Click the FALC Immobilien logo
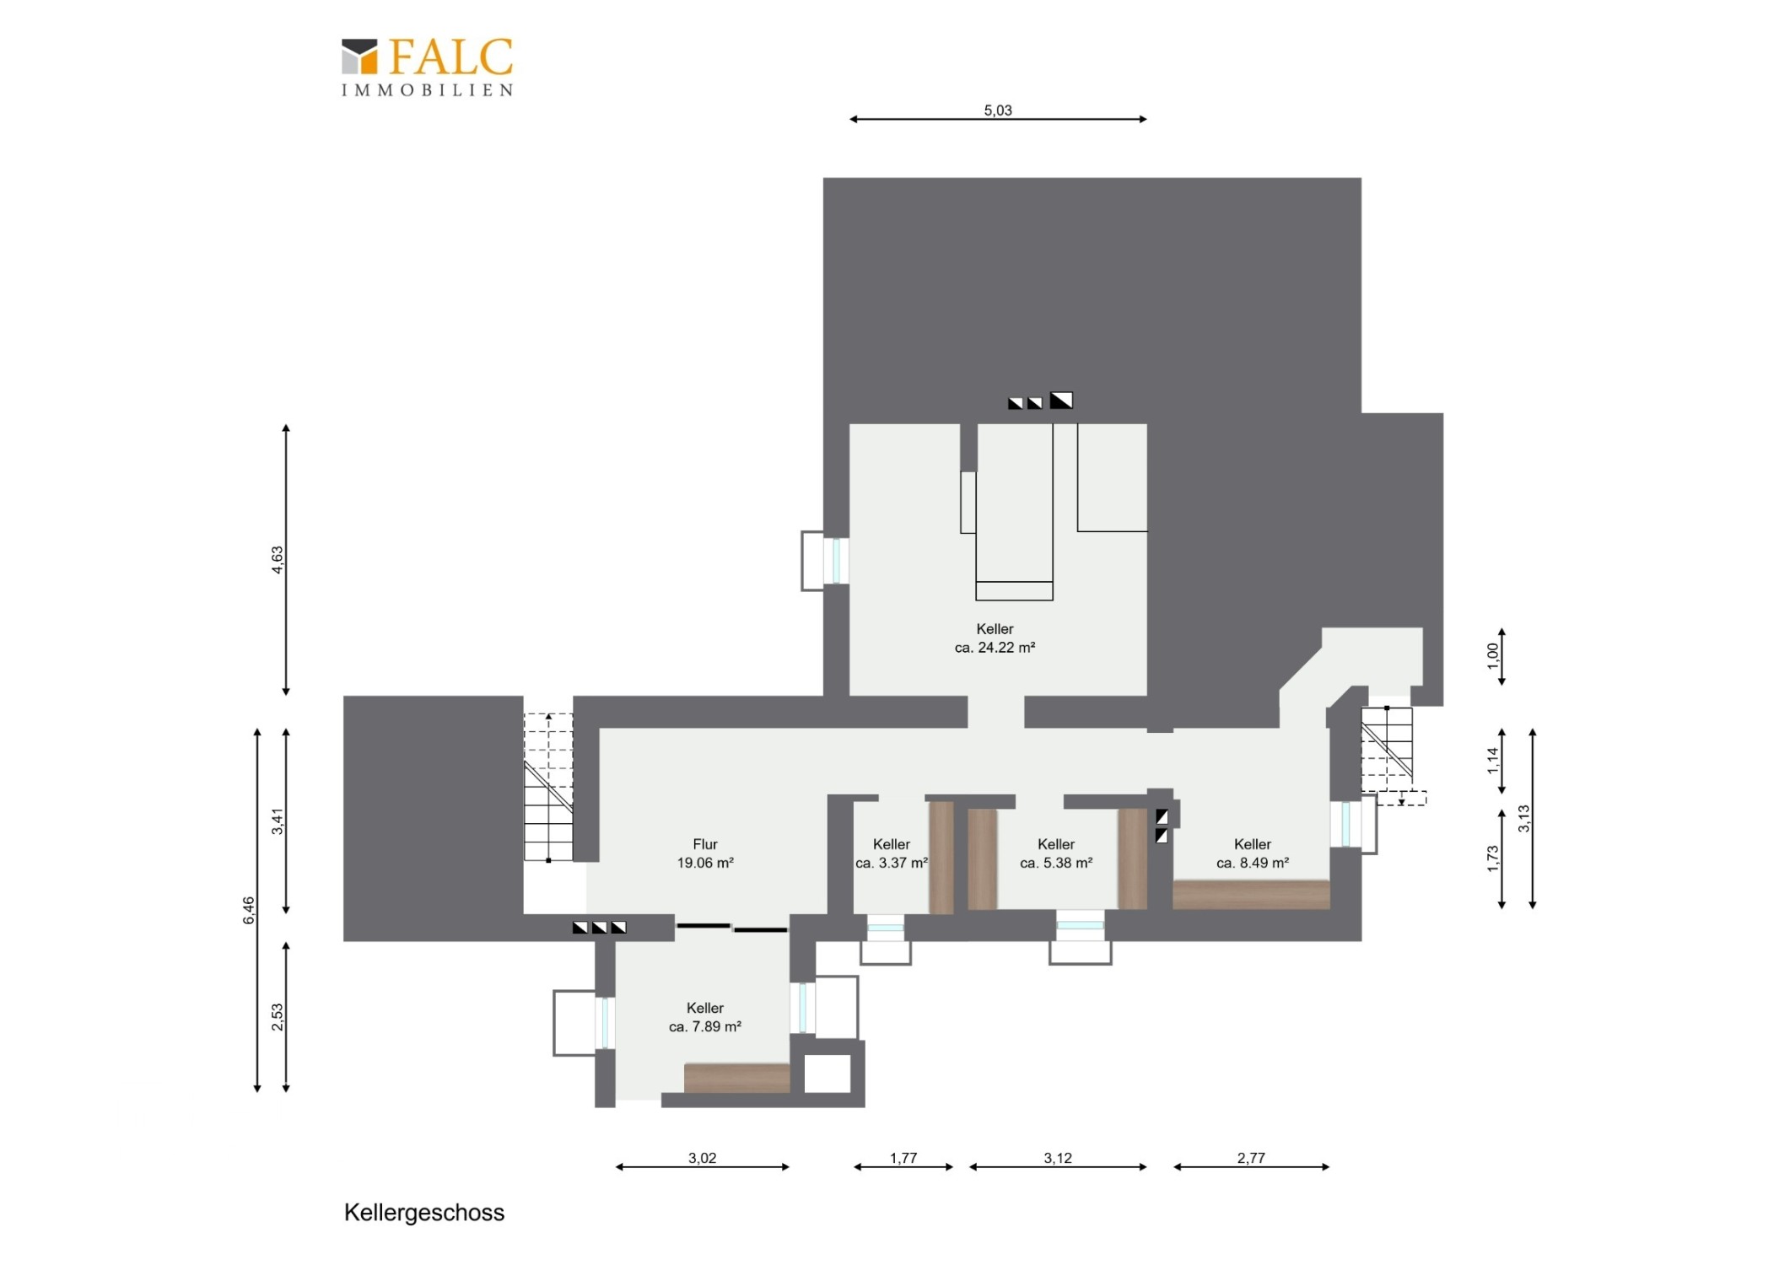(427, 67)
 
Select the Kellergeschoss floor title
(424, 1213)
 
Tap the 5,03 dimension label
(998, 110)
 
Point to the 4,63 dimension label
(278, 560)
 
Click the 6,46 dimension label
(249, 910)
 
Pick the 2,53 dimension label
(278, 1017)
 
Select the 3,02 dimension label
(702, 1158)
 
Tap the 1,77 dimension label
(903, 1158)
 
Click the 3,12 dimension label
(1058, 1158)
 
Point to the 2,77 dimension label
(1251, 1158)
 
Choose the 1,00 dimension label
(1493, 656)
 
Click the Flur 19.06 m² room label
(705, 853)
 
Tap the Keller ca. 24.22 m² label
(995, 638)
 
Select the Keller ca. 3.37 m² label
(892, 853)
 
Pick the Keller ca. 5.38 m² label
(1056, 853)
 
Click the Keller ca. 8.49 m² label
(1253, 853)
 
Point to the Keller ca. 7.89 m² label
(705, 1017)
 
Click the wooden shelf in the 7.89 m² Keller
(737, 1078)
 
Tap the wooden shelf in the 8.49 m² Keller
(1252, 895)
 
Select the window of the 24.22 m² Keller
(836, 560)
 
